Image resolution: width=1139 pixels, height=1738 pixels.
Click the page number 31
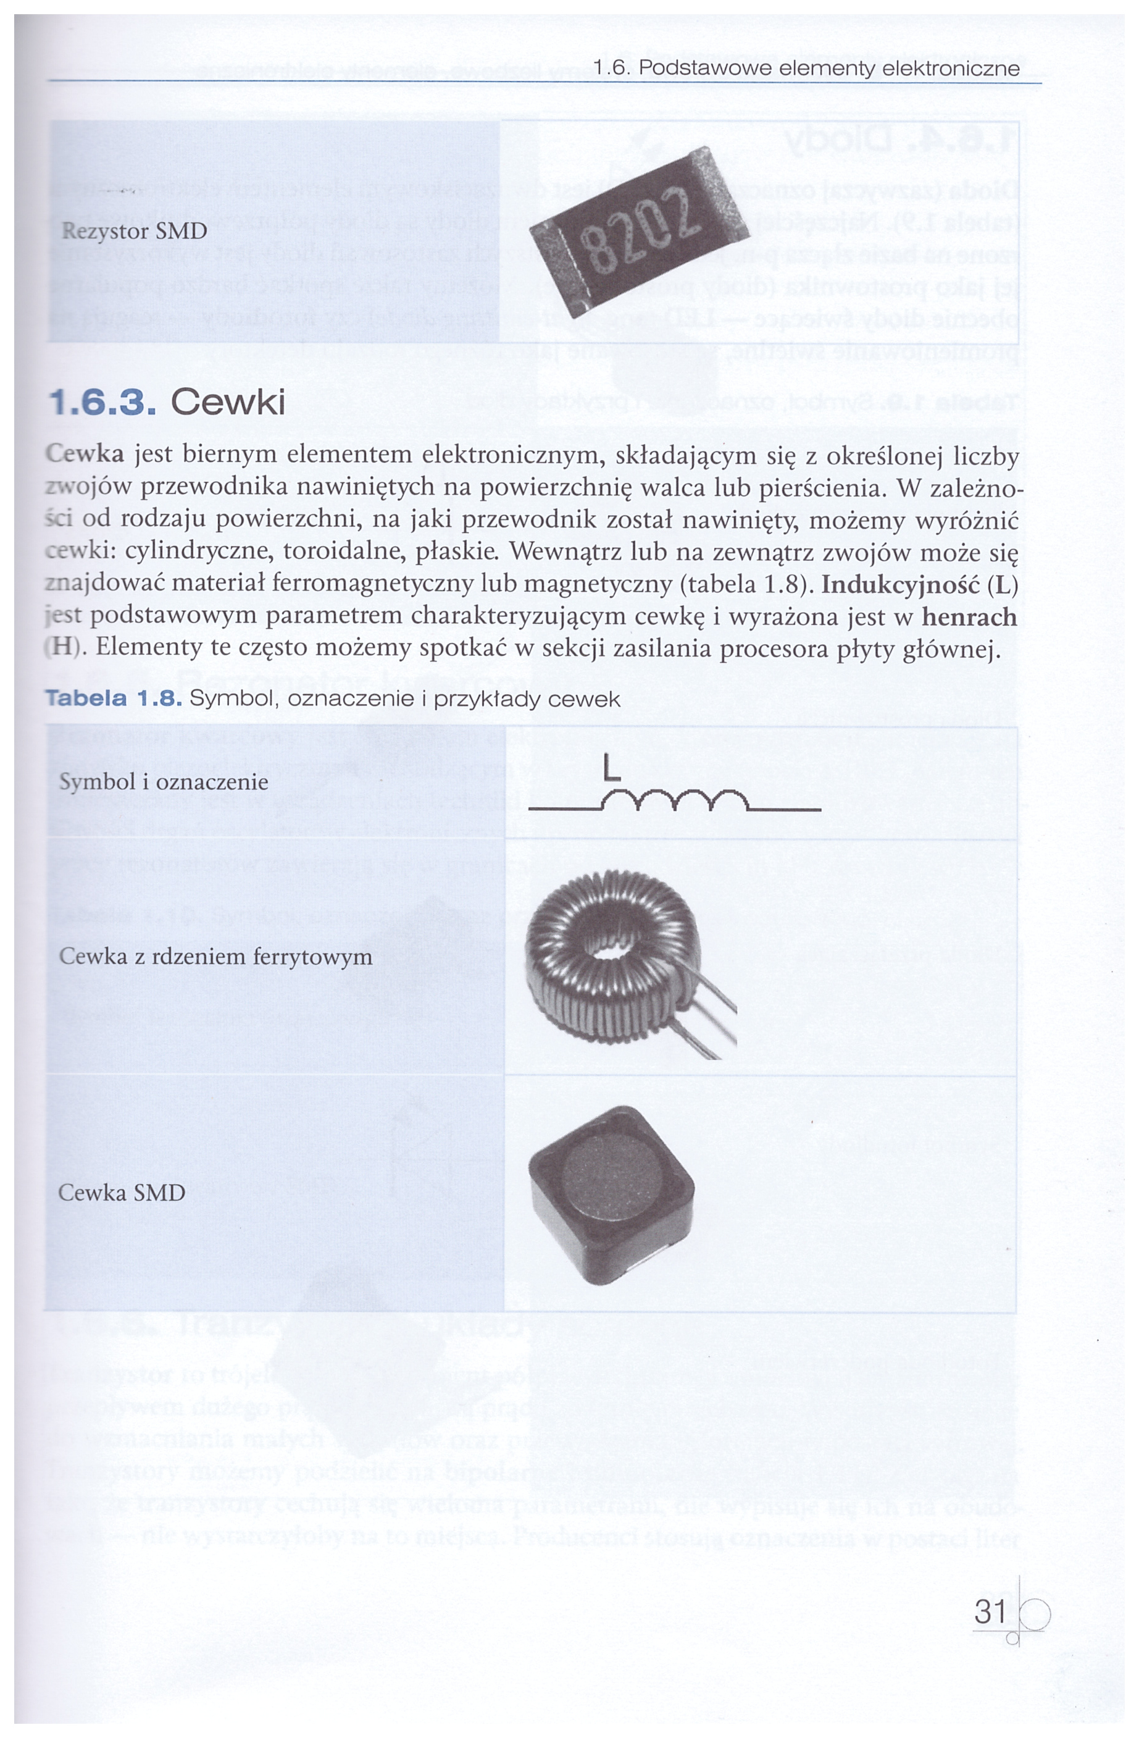tap(990, 1611)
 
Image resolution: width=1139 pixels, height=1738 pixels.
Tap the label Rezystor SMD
tap(135, 232)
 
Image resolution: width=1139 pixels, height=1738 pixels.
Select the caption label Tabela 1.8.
tap(113, 699)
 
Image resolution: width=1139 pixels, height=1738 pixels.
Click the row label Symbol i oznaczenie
tap(164, 782)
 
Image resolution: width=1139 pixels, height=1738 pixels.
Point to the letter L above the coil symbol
tap(611, 770)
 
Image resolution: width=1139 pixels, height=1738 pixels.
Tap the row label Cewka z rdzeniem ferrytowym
tap(215, 957)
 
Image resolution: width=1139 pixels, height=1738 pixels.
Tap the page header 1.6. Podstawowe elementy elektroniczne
tap(807, 69)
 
